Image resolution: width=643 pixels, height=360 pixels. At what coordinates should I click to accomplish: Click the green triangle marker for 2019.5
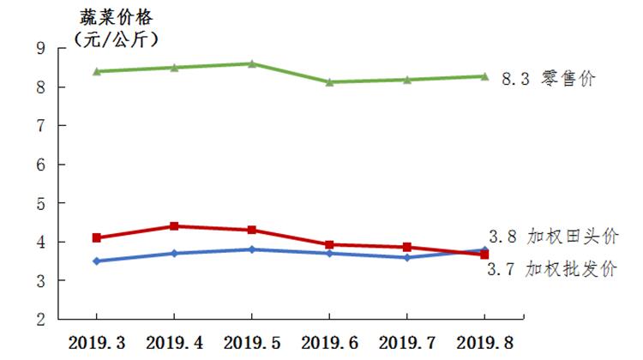coord(252,63)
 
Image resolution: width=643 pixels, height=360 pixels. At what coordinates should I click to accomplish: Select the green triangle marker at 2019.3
coord(97,71)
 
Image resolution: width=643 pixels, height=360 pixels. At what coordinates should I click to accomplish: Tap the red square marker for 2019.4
coord(174,226)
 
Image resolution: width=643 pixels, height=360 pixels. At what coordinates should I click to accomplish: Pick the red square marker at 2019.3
coord(97,237)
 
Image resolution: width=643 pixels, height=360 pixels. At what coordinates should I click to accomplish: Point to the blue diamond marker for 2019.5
coord(252,249)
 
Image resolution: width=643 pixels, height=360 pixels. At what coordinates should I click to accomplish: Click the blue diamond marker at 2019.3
coord(97,261)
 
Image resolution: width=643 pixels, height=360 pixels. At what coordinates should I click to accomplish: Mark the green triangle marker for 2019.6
coord(329,81)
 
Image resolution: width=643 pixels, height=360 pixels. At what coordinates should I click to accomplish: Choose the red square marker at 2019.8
coord(484,255)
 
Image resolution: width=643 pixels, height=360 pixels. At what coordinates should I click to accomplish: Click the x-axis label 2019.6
coord(329,342)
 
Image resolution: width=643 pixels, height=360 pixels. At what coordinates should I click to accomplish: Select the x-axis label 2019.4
coord(174,342)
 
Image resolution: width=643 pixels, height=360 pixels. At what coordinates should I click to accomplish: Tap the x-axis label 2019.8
coord(484,342)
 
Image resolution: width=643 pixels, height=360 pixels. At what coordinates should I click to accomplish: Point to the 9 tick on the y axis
coord(40,49)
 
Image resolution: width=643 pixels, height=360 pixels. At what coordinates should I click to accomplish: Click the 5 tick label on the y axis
coord(40,204)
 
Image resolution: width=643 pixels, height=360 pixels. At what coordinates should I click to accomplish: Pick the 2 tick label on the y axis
coord(40,320)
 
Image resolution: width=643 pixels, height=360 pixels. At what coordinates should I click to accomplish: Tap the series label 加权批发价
coord(578,270)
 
